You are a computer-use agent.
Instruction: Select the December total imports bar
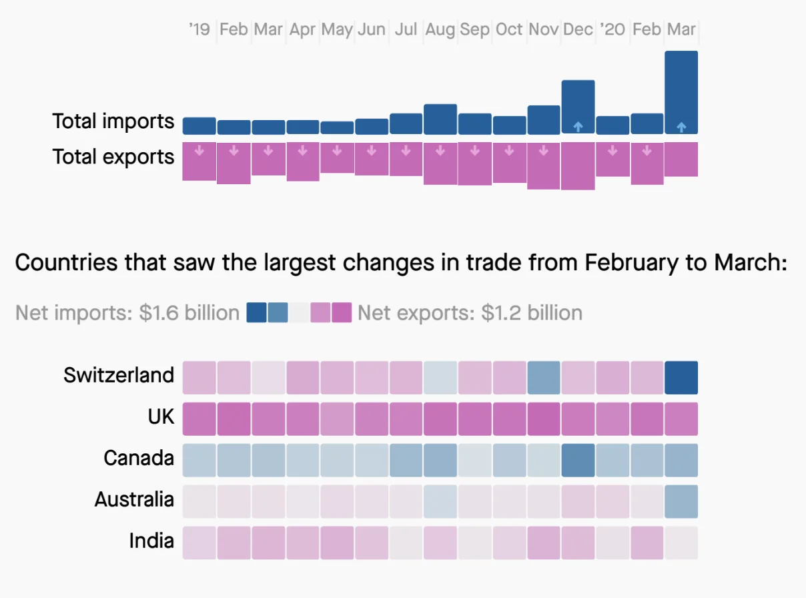[578, 107]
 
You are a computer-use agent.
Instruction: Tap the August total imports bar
[440, 119]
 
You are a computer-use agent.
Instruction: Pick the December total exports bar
[578, 166]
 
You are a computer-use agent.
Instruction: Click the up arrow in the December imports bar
[578, 126]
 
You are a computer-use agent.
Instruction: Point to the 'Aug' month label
[440, 29]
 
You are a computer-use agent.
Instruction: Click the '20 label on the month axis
[612, 29]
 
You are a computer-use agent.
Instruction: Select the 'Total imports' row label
[113, 121]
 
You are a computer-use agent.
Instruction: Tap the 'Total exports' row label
[113, 157]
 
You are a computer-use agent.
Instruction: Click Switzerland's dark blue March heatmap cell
[681, 378]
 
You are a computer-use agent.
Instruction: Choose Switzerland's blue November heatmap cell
[544, 378]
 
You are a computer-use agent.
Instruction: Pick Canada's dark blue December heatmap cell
[578, 460]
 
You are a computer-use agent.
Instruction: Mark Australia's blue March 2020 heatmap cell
[681, 501]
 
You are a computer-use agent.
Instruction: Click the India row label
[151, 541]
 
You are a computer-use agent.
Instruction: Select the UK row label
[161, 417]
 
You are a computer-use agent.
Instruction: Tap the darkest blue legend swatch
[256, 312]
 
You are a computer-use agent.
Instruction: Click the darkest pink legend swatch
[342, 312]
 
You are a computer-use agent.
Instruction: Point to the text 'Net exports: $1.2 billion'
[470, 312]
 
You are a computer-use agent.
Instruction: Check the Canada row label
[139, 459]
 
